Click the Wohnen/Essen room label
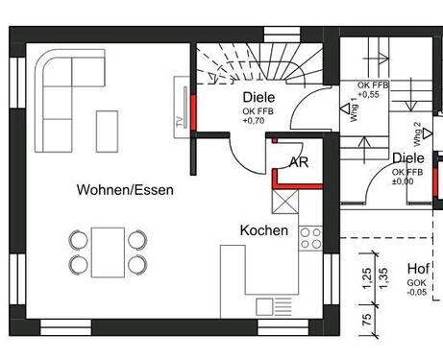point(125,190)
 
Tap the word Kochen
point(264,230)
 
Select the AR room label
point(299,162)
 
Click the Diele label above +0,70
point(258,97)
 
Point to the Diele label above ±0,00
point(409,157)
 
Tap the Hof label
point(417,268)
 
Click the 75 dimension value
point(366,321)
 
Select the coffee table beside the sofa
point(107,132)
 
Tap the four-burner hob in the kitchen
point(310,237)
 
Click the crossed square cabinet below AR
point(285,203)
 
